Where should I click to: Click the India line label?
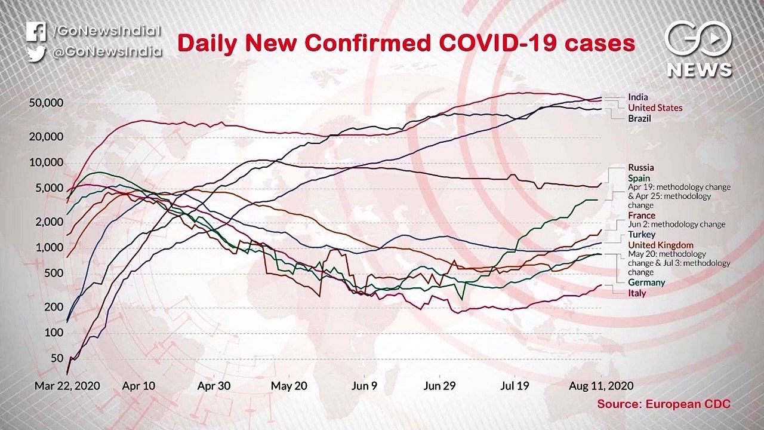click(x=637, y=97)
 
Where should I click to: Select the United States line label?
click(x=655, y=108)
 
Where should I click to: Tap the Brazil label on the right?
click(x=639, y=119)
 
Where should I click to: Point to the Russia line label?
click(x=640, y=168)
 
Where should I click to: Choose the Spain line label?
click(x=639, y=179)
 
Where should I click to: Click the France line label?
click(x=641, y=216)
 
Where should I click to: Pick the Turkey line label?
click(x=641, y=235)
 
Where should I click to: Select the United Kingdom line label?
click(x=660, y=245)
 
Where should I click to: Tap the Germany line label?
click(x=646, y=282)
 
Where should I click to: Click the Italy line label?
click(x=636, y=293)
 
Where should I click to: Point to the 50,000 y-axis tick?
click(x=46, y=103)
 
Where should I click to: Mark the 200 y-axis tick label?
click(x=54, y=307)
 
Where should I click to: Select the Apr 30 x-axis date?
click(x=214, y=386)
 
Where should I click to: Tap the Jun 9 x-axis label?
click(x=364, y=386)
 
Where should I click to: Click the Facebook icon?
click(x=36, y=32)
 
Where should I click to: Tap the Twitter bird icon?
click(x=36, y=53)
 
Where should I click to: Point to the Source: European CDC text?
click(x=664, y=404)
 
